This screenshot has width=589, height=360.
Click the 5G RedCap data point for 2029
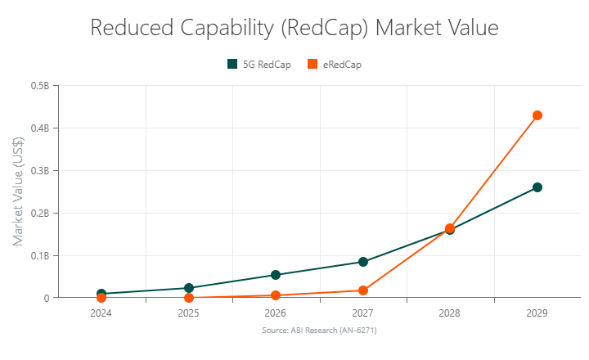point(537,187)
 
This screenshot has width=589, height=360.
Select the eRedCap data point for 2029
point(537,115)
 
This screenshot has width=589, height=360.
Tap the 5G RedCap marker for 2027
point(363,262)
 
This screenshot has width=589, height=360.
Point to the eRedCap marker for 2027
point(363,290)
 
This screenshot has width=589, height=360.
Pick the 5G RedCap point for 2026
point(276,275)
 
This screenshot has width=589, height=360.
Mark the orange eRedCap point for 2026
point(276,295)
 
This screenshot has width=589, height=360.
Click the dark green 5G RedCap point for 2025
point(189,288)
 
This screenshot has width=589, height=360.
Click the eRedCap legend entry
point(341,65)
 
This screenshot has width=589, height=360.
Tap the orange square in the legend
point(312,65)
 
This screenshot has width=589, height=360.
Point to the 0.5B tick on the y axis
point(39,86)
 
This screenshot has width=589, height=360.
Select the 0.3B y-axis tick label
point(39,171)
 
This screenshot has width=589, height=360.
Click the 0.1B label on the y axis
point(39,256)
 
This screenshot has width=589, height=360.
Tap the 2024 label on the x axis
point(101,313)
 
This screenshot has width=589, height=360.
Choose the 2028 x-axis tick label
point(450,313)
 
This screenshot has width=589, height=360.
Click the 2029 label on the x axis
point(537,313)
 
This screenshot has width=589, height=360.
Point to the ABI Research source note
point(319,330)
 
